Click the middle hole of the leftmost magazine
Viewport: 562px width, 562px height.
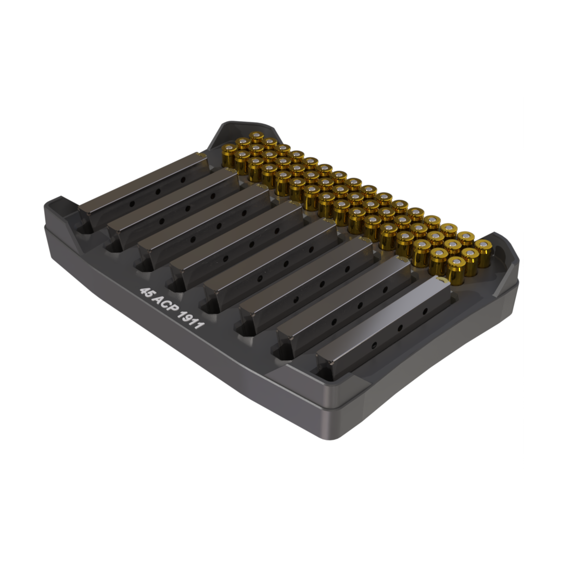[x=158, y=191]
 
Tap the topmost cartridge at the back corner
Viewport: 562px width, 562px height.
[x=256, y=137]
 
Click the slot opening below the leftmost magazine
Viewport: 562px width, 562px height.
[x=83, y=227]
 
